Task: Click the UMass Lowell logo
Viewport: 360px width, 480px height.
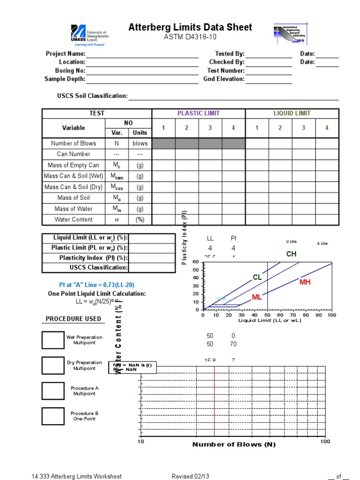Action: pos(90,35)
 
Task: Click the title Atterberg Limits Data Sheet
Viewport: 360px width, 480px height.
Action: pos(190,28)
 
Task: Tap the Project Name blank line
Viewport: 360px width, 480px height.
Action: pos(142,54)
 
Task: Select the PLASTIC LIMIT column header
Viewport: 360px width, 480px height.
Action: pos(198,113)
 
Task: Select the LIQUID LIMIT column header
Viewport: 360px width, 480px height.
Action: pos(292,113)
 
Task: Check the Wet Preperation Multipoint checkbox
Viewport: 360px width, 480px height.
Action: pos(53,340)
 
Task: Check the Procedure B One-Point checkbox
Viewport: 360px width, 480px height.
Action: pos(53,416)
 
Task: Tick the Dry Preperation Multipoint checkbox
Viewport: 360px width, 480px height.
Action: pos(53,365)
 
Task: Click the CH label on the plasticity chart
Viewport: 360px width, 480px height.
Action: pos(292,254)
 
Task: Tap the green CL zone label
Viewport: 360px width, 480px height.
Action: pos(257,277)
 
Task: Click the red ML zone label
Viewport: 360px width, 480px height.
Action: pos(256,298)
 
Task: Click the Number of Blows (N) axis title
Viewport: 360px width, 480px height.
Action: pos(234,444)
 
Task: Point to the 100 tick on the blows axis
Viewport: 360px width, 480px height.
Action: pos(325,442)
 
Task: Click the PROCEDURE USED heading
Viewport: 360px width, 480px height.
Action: pos(73,319)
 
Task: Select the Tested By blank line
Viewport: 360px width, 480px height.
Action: pos(269,54)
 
